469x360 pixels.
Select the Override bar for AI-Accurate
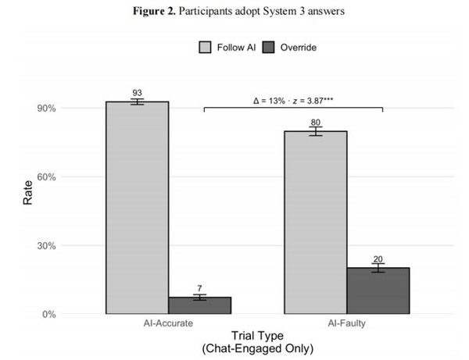[199, 305]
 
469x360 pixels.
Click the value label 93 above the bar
[137, 94]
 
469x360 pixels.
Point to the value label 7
[199, 288]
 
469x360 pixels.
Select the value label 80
[316, 123]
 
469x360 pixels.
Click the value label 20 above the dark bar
[378, 259]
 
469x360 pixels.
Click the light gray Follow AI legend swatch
[205, 48]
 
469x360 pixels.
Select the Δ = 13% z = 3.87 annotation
[293, 101]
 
